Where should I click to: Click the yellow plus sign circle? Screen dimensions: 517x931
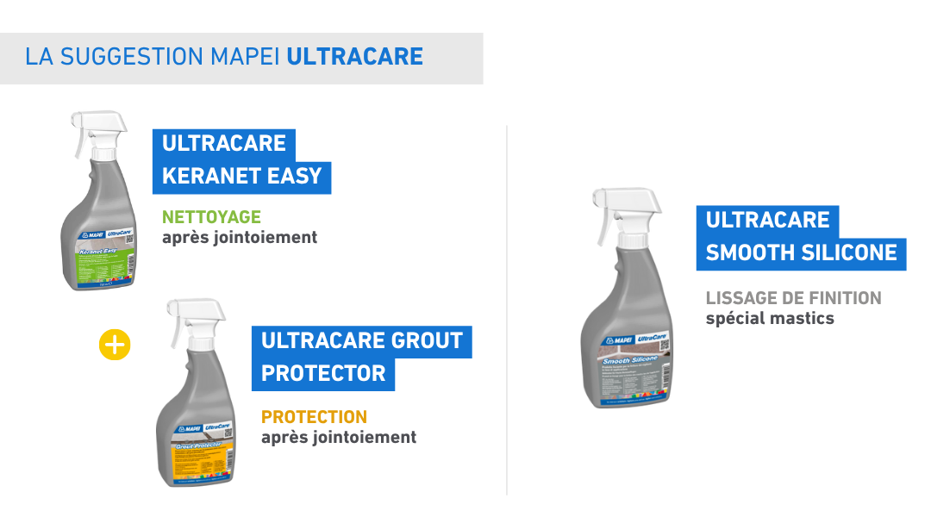(115, 346)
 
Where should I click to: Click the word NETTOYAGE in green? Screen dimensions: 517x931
(211, 217)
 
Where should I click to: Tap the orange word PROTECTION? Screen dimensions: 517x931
(314, 417)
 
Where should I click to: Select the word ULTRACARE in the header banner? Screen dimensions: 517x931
(354, 58)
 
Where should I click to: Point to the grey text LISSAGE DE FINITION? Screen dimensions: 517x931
(793, 298)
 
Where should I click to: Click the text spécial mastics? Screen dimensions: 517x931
(770, 318)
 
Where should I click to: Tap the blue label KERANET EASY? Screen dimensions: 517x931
(241, 176)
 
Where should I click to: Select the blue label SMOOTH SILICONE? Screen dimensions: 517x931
(801, 252)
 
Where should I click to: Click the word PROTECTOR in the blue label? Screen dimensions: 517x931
(323, 373)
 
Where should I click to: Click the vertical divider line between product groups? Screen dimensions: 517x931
(507, 310)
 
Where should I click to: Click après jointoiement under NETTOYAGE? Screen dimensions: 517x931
(240, 237)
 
